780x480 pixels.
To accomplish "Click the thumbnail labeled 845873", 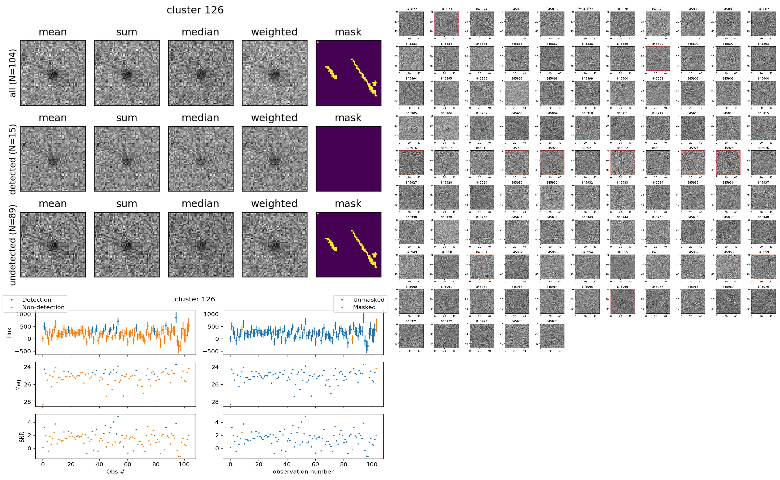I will click(x=446, y=24).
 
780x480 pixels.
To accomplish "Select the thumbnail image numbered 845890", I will click(x=658, y=58).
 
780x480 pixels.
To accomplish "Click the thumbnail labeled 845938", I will click(x=411, y=232).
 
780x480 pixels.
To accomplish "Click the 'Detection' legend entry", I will click(x=37, y=300).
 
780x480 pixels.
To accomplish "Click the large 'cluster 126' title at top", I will click(x=195, y=10).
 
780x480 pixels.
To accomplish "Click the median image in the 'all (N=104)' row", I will click(x=201, y=73).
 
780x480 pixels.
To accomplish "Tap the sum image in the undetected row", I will click(x=127, y=244).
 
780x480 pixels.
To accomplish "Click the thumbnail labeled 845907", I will click(x=481, y=128).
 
